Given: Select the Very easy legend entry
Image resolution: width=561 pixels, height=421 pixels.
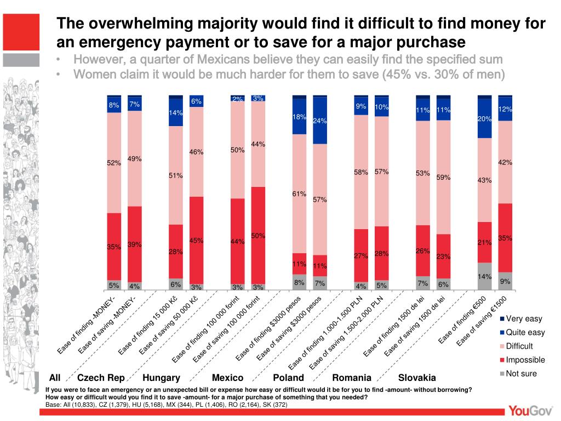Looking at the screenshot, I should (x=524, y=318).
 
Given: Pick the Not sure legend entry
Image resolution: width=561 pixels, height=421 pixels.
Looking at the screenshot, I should (x=521, y=374).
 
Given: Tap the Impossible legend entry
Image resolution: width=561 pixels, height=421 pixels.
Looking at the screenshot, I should (x=525, y=360).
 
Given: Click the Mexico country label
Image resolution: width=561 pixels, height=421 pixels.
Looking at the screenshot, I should (x=227, y=378).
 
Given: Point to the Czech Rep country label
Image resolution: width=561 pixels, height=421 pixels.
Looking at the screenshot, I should (x=101, y=378).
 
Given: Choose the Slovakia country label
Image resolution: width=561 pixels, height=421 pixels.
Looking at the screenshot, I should (x=417, y=378).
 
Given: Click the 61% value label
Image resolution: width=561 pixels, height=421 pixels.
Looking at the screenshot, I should (x=299, y=194).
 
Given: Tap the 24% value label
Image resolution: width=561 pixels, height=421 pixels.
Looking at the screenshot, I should (x=319, y=121).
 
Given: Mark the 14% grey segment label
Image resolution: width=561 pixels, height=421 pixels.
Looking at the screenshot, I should (x=484, y=277).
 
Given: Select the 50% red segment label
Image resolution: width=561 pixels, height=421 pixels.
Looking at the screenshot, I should (x=258, y=236).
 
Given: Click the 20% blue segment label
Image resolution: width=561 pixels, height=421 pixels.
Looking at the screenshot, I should (x=484, y=118).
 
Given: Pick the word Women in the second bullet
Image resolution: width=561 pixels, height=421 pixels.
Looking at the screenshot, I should (x=96, y=74).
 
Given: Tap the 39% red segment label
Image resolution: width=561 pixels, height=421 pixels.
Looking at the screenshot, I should (x=135, y=244).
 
